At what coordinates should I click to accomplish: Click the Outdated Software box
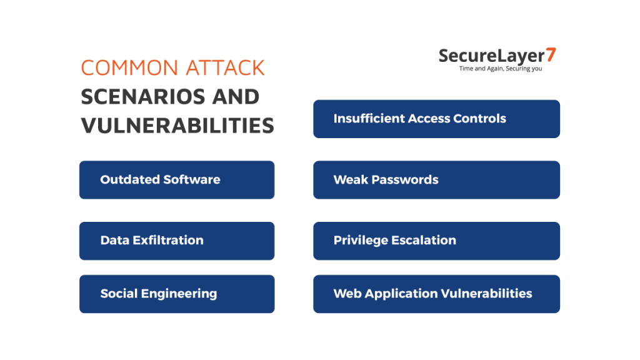(176, 180)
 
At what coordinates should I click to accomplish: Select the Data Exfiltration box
(176, 241)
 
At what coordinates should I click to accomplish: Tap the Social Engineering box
(176, 294)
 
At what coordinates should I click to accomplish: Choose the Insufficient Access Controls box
(436, 119)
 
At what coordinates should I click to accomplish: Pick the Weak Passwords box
(436, 180)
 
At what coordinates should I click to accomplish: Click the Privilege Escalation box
(436, 241)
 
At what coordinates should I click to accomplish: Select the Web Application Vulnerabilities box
(436, 294)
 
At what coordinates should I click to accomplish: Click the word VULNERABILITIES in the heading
(177, 126)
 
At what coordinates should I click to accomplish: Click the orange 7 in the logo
(551, 55)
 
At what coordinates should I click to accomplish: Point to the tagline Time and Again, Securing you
(500, 69)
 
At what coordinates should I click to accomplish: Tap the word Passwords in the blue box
(405, 180)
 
